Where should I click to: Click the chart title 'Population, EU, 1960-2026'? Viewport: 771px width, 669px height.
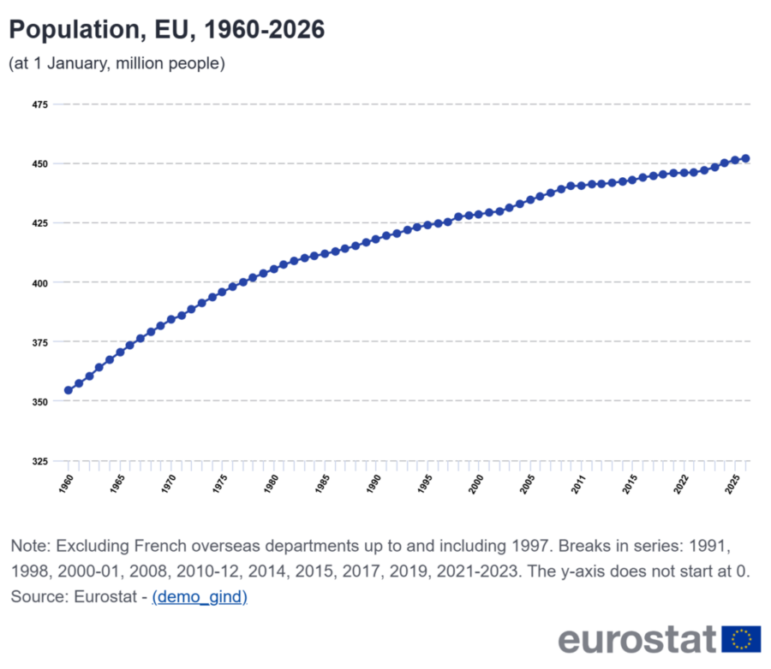coord(167,30)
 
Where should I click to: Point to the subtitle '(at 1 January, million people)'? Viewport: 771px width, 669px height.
coord(117,63)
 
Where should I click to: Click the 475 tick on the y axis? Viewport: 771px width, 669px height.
coord(39,104)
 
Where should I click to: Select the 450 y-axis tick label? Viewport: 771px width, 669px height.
coord(39,164)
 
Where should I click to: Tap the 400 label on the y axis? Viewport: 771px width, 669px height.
coord(39,283)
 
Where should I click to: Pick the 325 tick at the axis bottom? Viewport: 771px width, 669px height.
coord(39,461)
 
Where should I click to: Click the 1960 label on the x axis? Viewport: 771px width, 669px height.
coord(66,484)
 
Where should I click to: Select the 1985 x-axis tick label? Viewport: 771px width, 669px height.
coord(322,484)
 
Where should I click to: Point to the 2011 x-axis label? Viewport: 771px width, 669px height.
coord(578,484)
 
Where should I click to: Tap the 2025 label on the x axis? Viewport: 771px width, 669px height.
coord(732,484)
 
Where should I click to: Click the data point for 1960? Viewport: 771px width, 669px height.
coord(69,390)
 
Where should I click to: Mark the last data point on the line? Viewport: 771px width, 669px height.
coord(745,158)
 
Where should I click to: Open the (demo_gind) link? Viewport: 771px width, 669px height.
coord(200,597)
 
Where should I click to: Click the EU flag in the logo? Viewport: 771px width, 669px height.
coord(741,639)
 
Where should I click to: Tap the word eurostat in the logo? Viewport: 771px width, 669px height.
coord(637,639)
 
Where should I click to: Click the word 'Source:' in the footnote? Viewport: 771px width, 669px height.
coord(39,596)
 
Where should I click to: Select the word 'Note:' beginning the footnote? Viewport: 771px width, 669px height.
coord(31,546)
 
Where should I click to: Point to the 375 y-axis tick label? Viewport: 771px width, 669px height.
coord(39,342)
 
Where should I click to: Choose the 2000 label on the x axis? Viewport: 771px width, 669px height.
coord(476,484)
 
